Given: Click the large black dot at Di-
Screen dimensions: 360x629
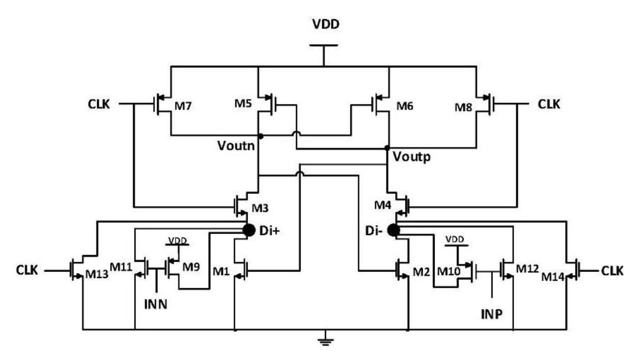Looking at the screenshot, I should tap(392, 231).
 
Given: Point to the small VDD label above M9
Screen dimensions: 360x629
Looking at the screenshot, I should tap(177, 240).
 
